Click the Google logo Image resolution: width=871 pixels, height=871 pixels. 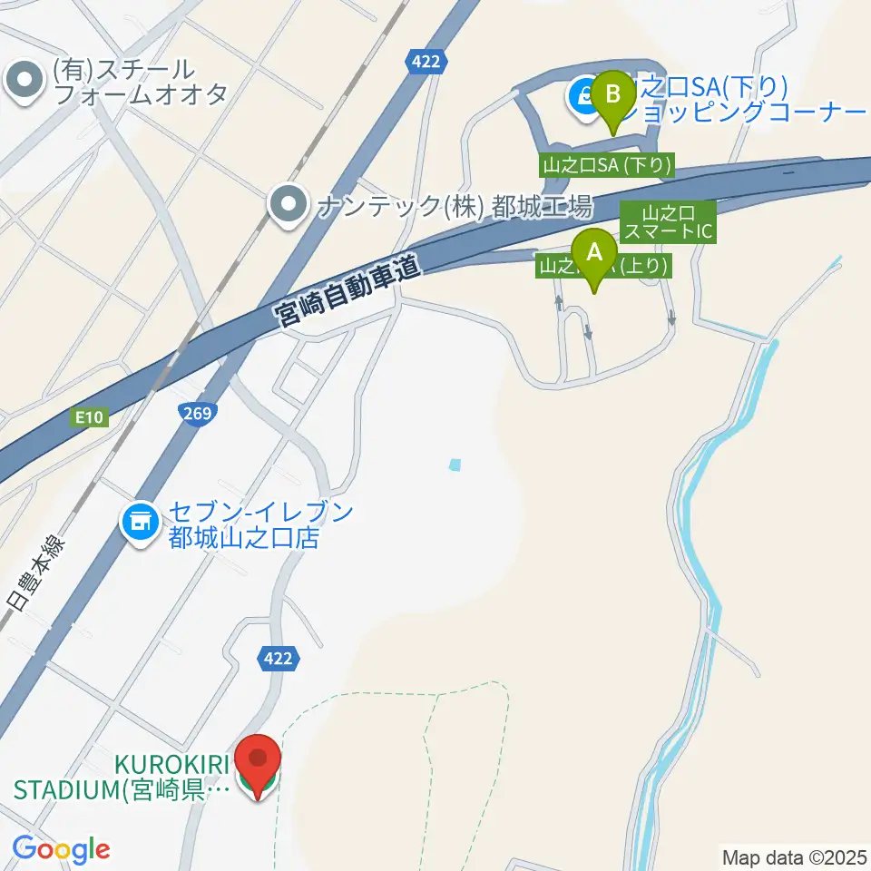pos(61,849)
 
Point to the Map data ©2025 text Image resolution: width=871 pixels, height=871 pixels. pos(794,856)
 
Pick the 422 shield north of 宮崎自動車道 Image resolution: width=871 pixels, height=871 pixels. pos(423,62)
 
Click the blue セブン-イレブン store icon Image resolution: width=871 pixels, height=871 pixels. pos(139,524)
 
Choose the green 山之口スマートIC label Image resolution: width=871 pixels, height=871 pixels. pos(668,223)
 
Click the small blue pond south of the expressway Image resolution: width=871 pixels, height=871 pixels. pos(455,465)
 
